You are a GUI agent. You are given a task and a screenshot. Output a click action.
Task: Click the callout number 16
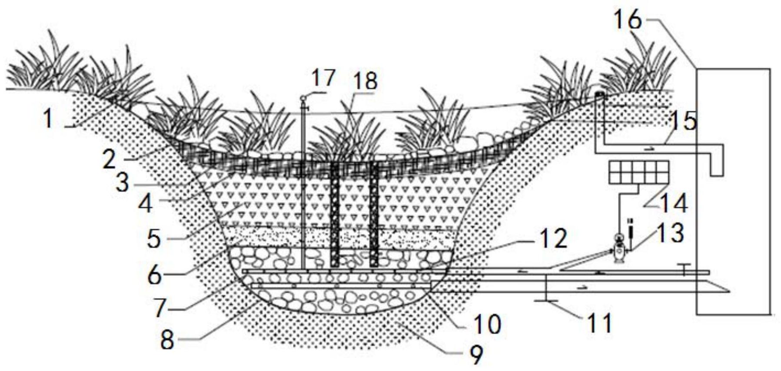pos(627,20)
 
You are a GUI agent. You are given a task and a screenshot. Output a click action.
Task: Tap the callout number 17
pos(323,78)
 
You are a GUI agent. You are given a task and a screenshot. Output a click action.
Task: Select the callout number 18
pos(365,81)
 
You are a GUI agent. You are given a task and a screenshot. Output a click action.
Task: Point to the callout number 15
pos(682,121)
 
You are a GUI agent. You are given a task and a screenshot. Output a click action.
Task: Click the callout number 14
pos(673,203)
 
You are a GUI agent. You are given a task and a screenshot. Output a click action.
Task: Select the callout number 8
pos(167,340)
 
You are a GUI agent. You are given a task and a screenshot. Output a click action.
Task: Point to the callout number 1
pos(49,119)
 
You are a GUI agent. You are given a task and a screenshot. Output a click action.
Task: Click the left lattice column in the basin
pos(335,215)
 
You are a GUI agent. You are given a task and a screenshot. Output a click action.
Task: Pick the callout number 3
pos(123,183)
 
